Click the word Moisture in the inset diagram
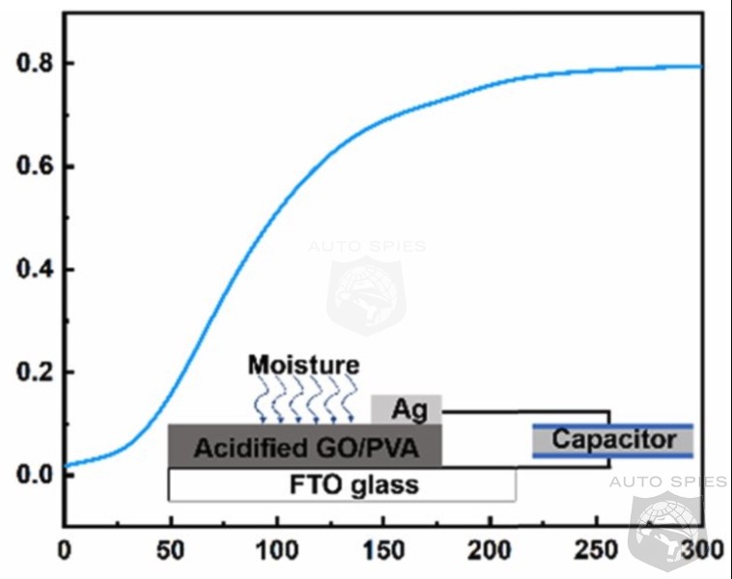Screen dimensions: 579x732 [303, 365]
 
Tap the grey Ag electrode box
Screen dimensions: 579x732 [407, 408]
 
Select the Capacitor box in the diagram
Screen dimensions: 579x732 [613, 440]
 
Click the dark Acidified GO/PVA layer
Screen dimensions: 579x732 [304, 446]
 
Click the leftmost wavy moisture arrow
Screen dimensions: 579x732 [261, 400]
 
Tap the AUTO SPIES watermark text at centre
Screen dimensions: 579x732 [367, 246]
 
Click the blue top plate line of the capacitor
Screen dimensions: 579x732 [613, 426]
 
